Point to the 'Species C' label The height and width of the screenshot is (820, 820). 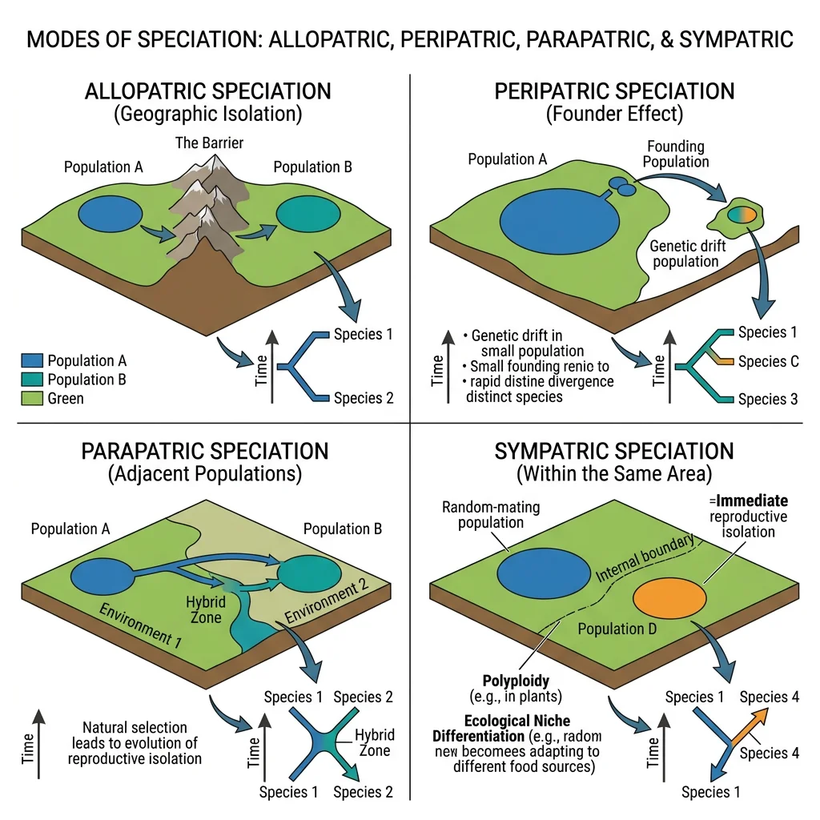768,361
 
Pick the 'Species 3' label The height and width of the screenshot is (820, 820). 768,399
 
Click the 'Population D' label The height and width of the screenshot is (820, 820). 617,629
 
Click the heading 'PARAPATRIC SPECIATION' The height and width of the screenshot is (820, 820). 205,451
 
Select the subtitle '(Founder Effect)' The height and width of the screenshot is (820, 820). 614,114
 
